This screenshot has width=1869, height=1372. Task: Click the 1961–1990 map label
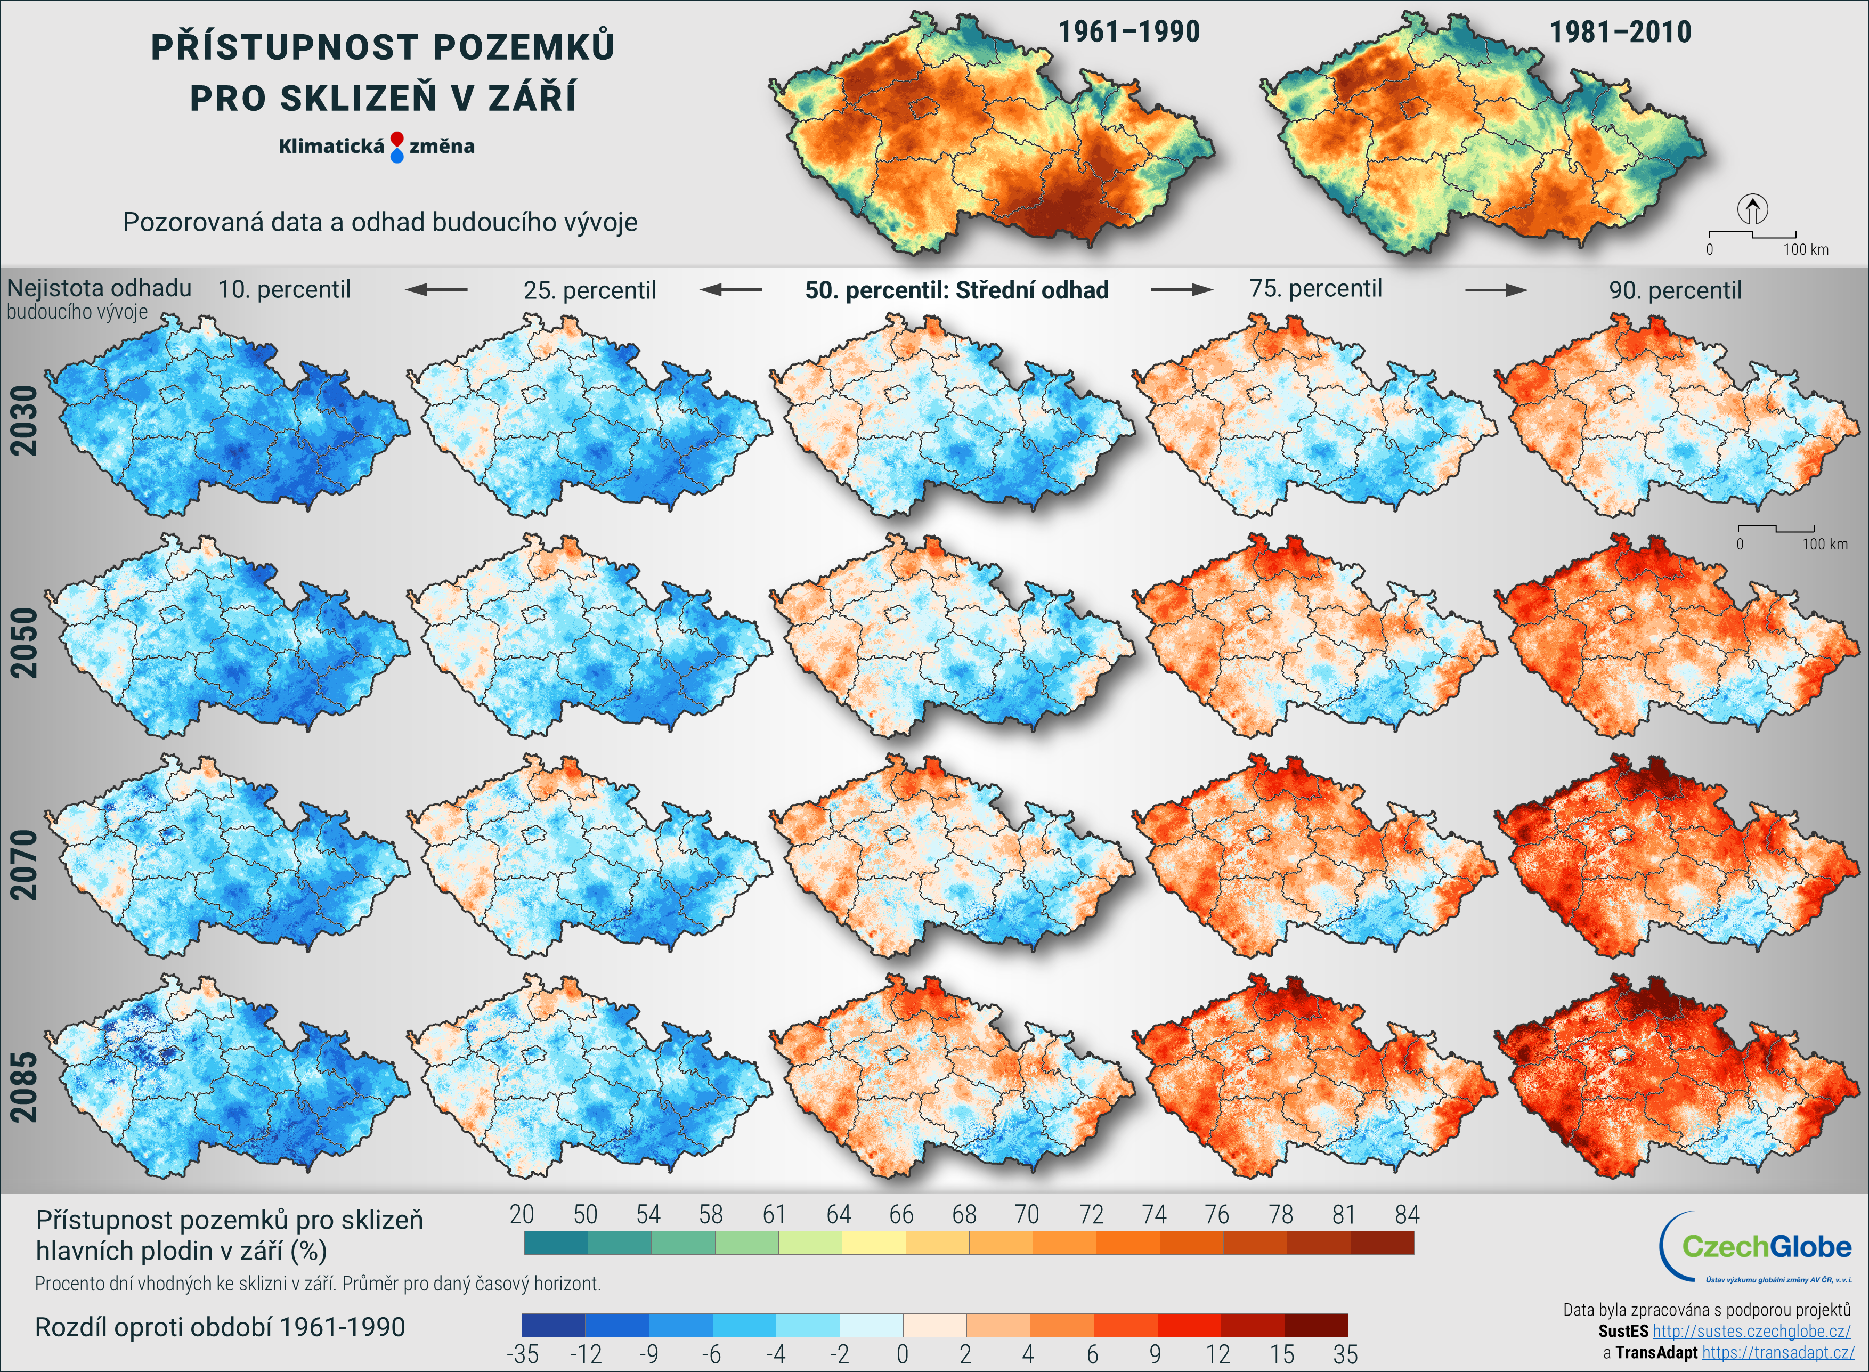1128,33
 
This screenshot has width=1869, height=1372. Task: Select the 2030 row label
24,420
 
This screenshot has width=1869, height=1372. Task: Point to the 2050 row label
24,643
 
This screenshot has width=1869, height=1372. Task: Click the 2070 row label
24,865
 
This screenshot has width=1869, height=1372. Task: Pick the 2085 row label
24,1087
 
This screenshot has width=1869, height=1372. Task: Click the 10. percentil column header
284,290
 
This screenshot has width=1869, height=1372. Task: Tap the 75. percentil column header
1315,289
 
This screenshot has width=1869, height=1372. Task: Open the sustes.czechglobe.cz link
1751,1332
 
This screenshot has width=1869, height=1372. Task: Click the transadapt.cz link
1778,1353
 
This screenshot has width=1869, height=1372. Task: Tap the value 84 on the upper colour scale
1407,1215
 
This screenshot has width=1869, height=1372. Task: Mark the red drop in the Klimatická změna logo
397,139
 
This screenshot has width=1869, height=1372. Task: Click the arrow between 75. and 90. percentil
1496,290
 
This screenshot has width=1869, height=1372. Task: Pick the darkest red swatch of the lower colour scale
1316,1325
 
